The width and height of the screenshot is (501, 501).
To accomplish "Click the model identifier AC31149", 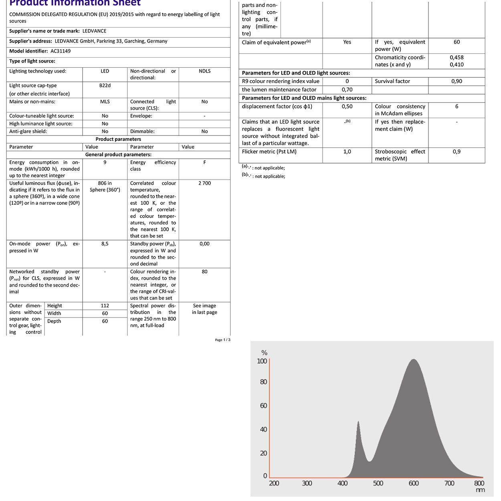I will (x=61, y=51).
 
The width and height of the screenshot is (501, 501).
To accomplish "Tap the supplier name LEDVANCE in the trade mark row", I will (x=94, y=31).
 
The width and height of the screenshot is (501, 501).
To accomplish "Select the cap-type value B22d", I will (x=105, y=86).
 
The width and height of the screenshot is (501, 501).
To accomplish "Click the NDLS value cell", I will (x=204, y=71).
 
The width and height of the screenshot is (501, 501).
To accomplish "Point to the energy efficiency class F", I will (x=204, y=163).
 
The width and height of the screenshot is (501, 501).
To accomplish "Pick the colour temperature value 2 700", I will (x=204, y=184).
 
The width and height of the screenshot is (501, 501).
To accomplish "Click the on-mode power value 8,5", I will (x=105, y=244).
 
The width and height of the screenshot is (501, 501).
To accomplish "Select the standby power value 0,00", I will (x=204, y=244).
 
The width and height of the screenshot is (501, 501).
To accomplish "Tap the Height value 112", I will (x=105, y=306).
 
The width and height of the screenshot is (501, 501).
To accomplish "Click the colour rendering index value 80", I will (x=204, y=272).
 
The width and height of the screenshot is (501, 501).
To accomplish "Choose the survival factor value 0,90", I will (x=457, y=81).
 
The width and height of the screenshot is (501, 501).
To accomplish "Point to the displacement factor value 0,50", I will (x=347, y=107).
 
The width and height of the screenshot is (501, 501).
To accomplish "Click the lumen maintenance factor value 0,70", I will (x=347, y=90).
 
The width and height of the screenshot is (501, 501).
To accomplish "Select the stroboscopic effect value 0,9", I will (x=457, y=152).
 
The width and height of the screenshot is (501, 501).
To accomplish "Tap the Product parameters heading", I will (x=118, y=139).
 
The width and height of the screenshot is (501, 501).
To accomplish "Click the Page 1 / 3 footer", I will (x=222, y=340).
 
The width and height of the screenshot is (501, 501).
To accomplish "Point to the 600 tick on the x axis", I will (x=414, y=483).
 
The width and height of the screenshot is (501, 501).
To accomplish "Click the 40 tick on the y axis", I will (x=263, y=430).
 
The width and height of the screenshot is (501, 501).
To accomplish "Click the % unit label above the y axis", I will (x=264, y=353).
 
